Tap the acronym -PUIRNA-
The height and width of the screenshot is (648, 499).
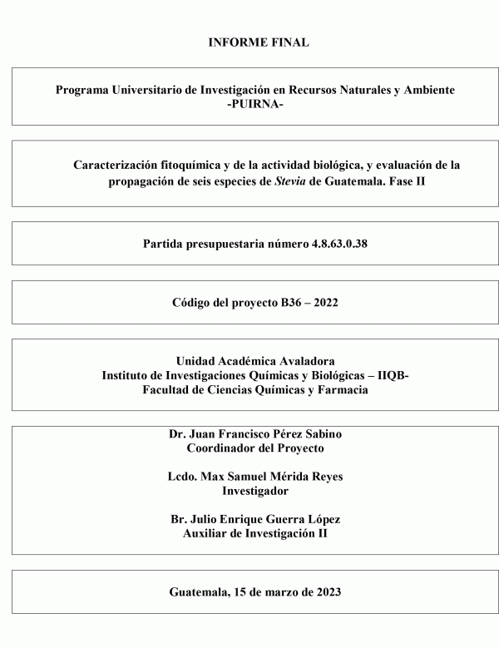pyautogui.click(x=254, y=104)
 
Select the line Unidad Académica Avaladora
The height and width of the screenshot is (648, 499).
pyautogui.click(x=254, y=361)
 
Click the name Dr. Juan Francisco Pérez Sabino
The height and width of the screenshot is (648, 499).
pyautogui.click(x=254, y=433)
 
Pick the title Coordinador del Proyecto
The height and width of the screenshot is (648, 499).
pyautogui.click(x=254, y=448)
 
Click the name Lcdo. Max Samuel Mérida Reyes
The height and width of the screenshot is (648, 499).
pyautogui.click(x=254, y=477)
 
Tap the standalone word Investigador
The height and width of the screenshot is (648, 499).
pyautogui.click(x=254, y=491)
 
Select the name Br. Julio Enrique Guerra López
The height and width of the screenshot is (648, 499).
pyautogui.click(x=254, y=519)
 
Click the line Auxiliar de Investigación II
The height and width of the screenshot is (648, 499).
pyautogui.click(x=254, y=533)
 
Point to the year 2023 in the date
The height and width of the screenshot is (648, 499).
pyautogui.click(x=324, y=592)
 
